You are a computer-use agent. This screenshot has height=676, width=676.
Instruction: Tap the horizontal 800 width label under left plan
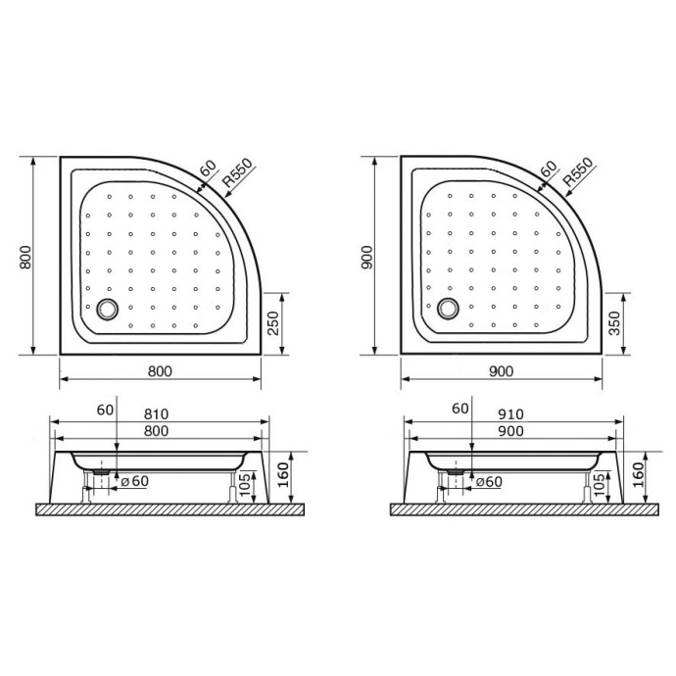(x=160, y=371)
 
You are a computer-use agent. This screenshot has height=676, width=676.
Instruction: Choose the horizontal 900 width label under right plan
(x=501, y=371)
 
